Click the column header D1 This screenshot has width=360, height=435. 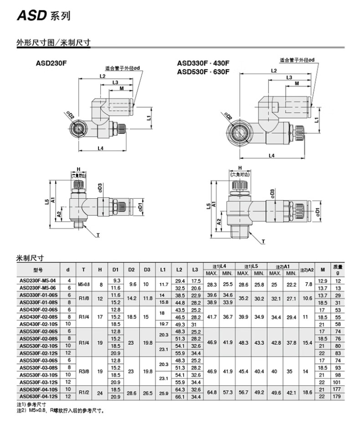pyautogui.click(x=115, y=270)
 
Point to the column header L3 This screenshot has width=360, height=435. pyautogui.click(x=195, y=270)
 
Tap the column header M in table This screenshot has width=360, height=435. pyautogui.click(x=323, y=270)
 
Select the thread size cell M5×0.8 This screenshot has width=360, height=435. pyautogui.click(x=83, y=284)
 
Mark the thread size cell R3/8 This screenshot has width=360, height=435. pyautogui.click(x=83, y=371)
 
